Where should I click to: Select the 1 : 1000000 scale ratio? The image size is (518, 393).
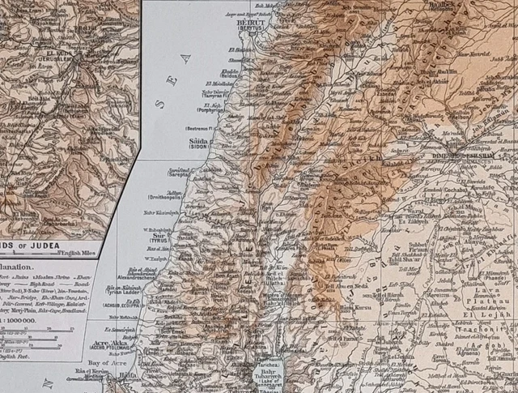(x=23, y=320)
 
